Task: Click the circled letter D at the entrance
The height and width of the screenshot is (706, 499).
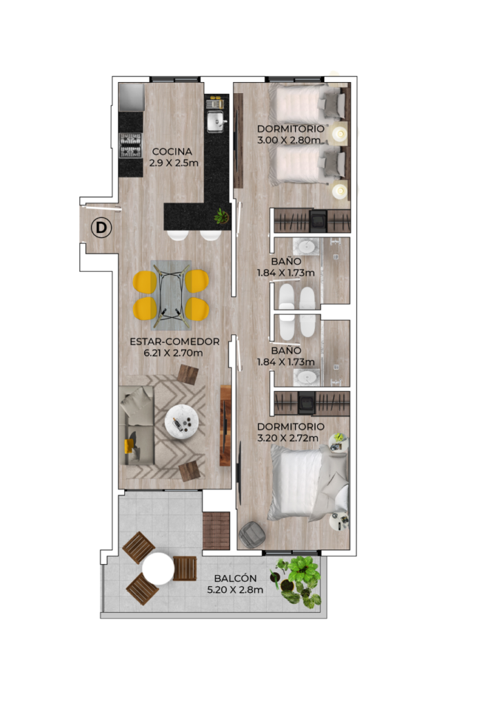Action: click(x=101, y=228)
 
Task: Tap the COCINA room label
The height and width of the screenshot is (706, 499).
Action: click(x=172, y=152)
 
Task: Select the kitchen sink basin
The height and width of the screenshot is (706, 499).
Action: click(x=216, y=121)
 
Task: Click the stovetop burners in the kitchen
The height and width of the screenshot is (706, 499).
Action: click(x=130, y=145)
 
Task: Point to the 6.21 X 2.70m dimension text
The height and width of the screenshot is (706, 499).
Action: click(x=173, y=353)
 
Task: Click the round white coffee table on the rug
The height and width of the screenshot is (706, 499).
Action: click(x=181, y=422)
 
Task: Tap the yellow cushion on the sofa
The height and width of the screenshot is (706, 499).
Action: click(x=129, y=446)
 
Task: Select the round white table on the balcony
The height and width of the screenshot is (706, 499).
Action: click(x=158, y=569)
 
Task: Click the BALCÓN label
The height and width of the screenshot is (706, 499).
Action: click(x=235, y=578)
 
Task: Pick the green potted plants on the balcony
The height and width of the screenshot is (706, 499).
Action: click(x=297, y=581)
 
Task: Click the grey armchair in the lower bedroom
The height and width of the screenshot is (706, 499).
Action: click(x=252, y=534)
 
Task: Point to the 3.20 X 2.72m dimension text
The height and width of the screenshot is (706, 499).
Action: click(x=287, y=438)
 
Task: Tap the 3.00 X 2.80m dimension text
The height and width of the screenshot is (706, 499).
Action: click(x=289, y=140)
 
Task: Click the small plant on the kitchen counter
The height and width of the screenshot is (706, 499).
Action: click(x=221, y=216)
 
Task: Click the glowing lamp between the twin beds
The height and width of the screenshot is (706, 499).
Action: click(x=340, y=133)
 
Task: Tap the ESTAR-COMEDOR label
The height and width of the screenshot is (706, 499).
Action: click(x=174, y=342)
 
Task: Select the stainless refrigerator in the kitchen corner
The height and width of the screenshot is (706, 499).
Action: click(x=132, y=97)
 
